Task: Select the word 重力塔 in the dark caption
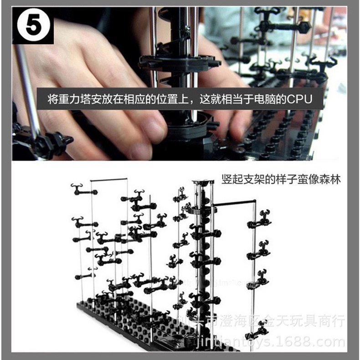click(x=75, y=99)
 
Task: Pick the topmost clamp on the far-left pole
click(x=82, y=190)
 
